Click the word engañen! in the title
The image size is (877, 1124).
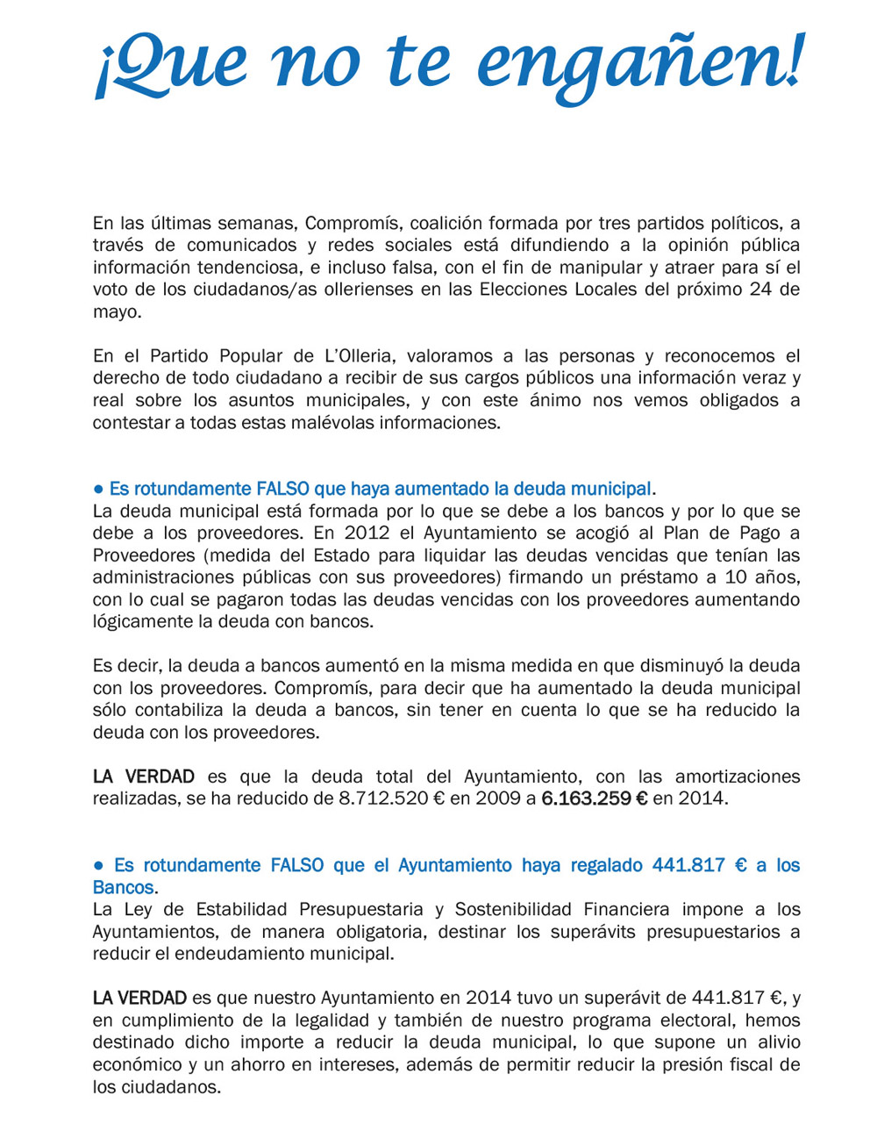pos(642,63)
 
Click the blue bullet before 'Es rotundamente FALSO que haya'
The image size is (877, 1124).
pos(99,489)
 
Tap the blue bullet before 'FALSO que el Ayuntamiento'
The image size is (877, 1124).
pos(99,865)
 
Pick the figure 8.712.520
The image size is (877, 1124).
pos(383,798)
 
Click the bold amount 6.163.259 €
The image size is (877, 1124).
pos(594,798)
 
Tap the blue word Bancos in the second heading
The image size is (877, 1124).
pos(123,887)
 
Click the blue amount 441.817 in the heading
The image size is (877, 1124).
pos(688,865)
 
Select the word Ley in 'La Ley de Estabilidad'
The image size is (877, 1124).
pos(138,910)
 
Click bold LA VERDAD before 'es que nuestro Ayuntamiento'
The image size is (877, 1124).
pos(139,998)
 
